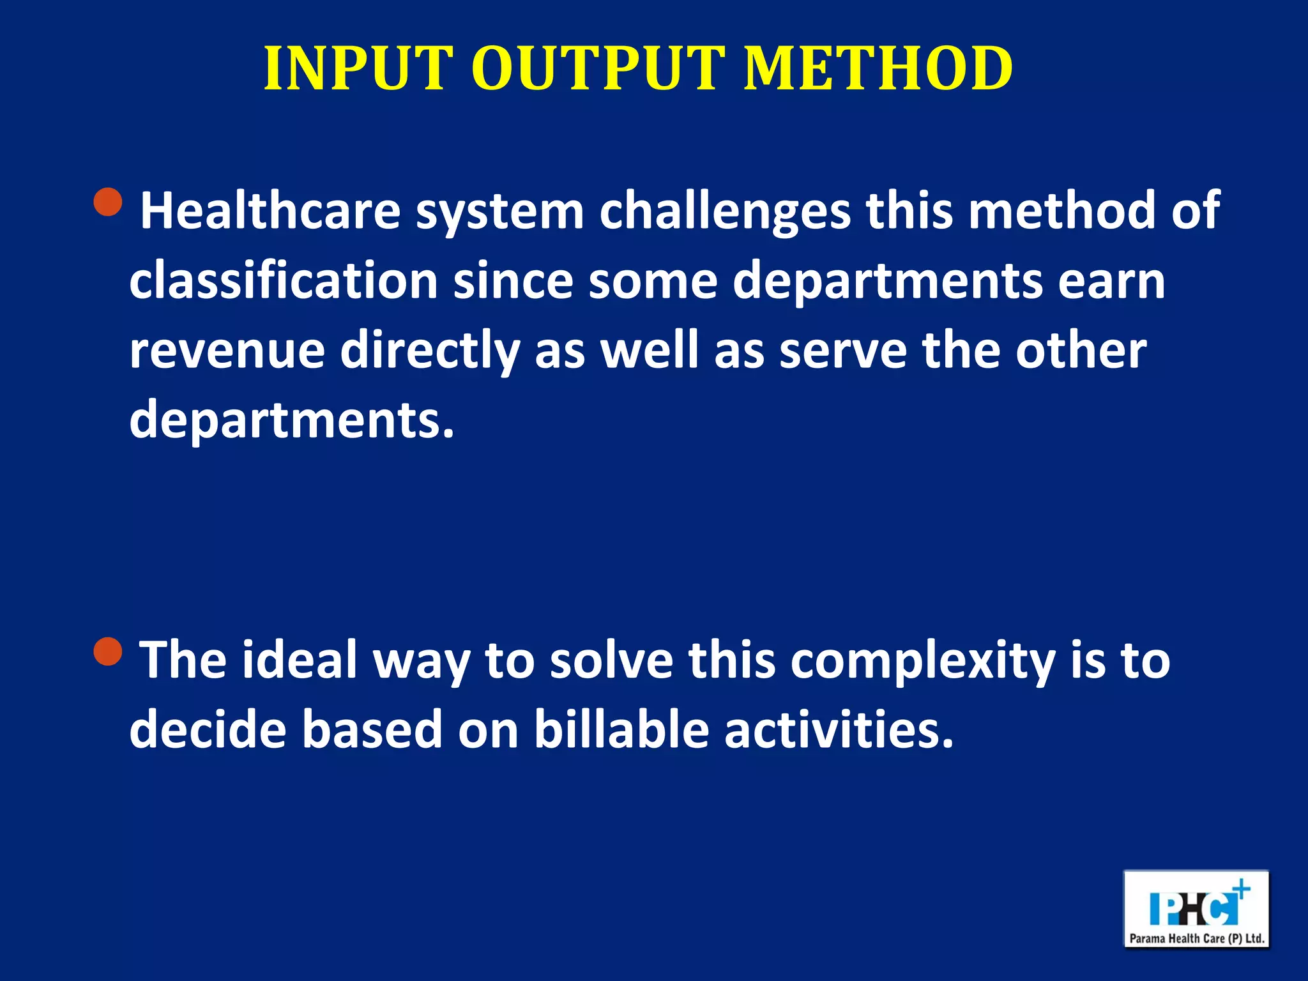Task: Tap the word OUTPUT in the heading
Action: (x=598, y=68)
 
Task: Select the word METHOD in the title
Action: (x=878, y=68)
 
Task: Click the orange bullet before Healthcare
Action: (x=108, y=203)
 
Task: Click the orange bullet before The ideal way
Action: (x=108, y=651)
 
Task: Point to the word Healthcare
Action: (x=270, y=211)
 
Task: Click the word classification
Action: (x=284, y=280)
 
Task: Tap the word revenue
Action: (x=227, y=351)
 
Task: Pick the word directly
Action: (x=429, y=351)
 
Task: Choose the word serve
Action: (x=842, y=351)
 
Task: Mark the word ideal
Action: (x=299, y=660)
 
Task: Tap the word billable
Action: (x=621, y=730)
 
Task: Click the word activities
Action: (x=839, y=730)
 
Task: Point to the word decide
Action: (x=208, y=730)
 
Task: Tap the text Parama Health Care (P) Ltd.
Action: (x=1196, y=938)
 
